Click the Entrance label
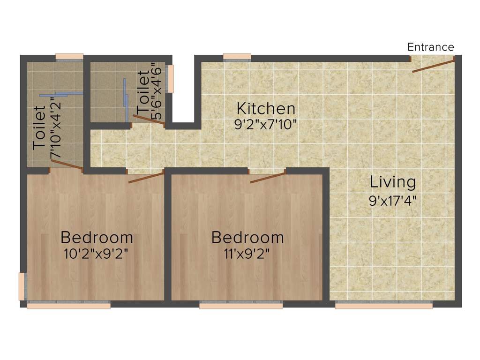[430, 47]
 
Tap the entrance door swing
[433, 65]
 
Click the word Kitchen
[266, 109]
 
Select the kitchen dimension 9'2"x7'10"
[266, 125]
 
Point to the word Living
[393, 181]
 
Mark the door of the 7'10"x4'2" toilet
[67, 164]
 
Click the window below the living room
[383, 305]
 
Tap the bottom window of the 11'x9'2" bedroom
[241, 306]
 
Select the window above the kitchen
[237, 57]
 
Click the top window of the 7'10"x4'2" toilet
[69, 57]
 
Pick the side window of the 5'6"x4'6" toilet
[171, 79]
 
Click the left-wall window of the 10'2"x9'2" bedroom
[22, 286]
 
